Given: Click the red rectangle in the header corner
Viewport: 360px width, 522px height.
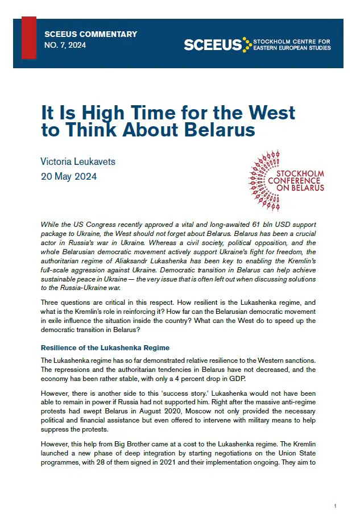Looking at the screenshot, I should click(28, 38).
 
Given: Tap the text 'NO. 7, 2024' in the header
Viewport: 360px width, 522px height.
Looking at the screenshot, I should click(65, 45).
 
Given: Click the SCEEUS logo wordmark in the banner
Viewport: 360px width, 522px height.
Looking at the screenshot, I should click(212, 45).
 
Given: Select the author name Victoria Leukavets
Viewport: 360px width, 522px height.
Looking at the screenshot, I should click(78, 161).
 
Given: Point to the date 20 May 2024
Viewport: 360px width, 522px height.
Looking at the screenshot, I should click(68, 176).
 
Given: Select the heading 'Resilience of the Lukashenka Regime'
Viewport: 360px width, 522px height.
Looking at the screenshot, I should click(105, 347).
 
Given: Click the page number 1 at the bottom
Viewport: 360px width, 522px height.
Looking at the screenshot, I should click(336, 506).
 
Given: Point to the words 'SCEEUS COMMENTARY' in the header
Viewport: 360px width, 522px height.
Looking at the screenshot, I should click(90, 34).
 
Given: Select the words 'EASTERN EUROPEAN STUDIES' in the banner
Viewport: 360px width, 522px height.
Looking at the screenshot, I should click(291, 48).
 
